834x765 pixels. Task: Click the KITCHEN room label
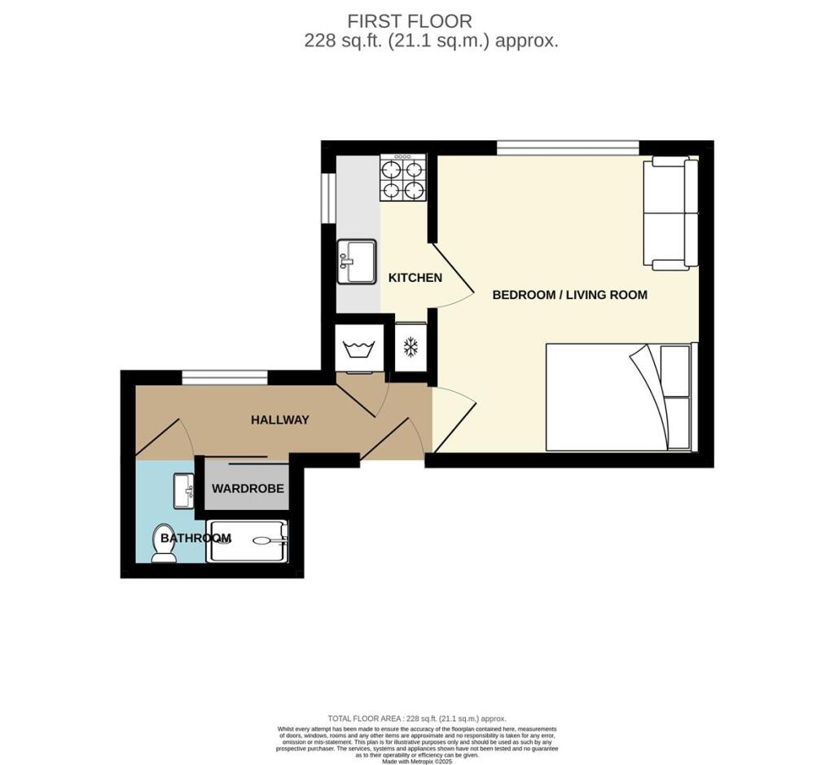[x=415, y=278]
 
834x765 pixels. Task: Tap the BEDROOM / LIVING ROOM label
[x=569, y=295]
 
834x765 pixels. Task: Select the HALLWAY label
[x=279, y=420]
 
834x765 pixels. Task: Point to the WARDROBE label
[x=248, y=489]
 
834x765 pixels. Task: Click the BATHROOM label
[x=195, y=539]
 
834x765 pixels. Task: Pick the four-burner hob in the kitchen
[x=403, y=180]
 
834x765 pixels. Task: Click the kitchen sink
[x=357, y=261]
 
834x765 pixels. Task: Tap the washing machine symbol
[x=358, y=350]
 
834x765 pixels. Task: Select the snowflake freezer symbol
[x=410, y=348]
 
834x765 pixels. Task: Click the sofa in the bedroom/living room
[x=670, y=213]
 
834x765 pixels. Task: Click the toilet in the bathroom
[x=165, y=543]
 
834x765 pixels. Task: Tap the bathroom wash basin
[x=183, y=490]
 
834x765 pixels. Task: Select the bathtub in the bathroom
[x=247, y=540]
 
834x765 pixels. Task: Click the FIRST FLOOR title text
[x=410, y=21]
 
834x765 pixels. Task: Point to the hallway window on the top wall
[x=224, y=377]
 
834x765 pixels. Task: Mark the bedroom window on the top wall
[x=568, y=147]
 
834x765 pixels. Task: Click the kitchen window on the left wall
[x=328, y=197]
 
